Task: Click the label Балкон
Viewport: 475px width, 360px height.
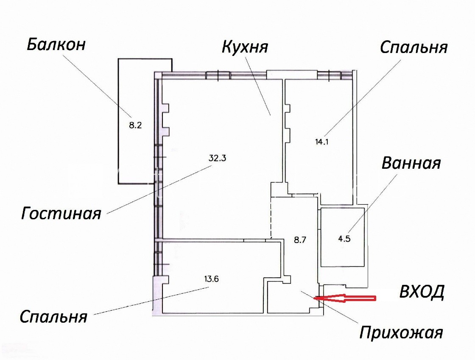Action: pyautogui.click(x=56, y=45)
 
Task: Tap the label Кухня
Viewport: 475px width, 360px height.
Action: pyautogui.click(x=245, y=47)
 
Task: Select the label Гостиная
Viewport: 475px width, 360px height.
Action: pyautogui.click(x=61, y=213)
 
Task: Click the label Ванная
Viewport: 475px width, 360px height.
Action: pyautogui.click(x=411, y=163)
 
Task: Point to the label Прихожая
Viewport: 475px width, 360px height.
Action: pyautogui.click(x=401, y=333)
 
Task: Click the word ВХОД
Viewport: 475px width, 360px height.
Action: pyautogui.click(x=422, y=292)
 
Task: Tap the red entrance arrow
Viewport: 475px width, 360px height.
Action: pyautogui.click(x=345, y=298)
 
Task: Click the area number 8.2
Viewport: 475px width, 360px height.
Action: pyautogui.click(x=135, y=125)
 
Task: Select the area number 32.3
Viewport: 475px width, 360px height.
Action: pyautogui.click(x=218, y=158)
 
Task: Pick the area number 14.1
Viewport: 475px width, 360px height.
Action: pyautogui.click(x=322, y=141)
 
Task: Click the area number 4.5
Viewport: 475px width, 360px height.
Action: pyautogui.click(x=344, y=239)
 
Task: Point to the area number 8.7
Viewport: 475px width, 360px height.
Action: pyautogui.click(x=300, y=240)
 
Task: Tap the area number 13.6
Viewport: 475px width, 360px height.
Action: pyautogui.click(x=212, y=279)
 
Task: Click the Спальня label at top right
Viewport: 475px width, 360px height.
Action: pyautogui.click(x=414, y=47)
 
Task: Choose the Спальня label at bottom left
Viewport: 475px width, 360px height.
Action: pyautogui.click(x=53, y=317)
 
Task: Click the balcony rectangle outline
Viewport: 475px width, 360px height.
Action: pyautogui.click(x=118, y=121)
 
